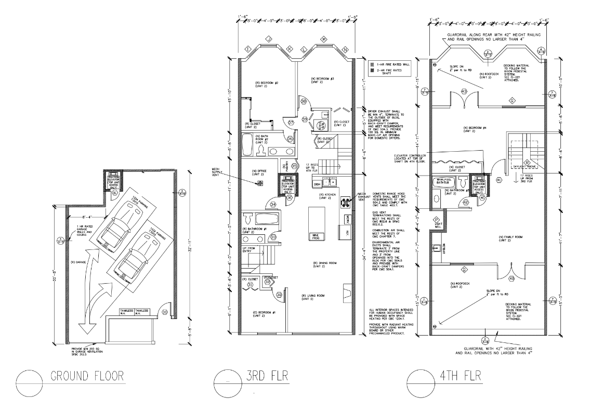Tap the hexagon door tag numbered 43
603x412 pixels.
click(x=464, y=91)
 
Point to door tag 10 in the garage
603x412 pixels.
click(x=164, y=312)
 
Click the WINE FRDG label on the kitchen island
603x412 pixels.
click(x=315, y=236)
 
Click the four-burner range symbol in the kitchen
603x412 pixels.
click(x=344, y=202)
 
